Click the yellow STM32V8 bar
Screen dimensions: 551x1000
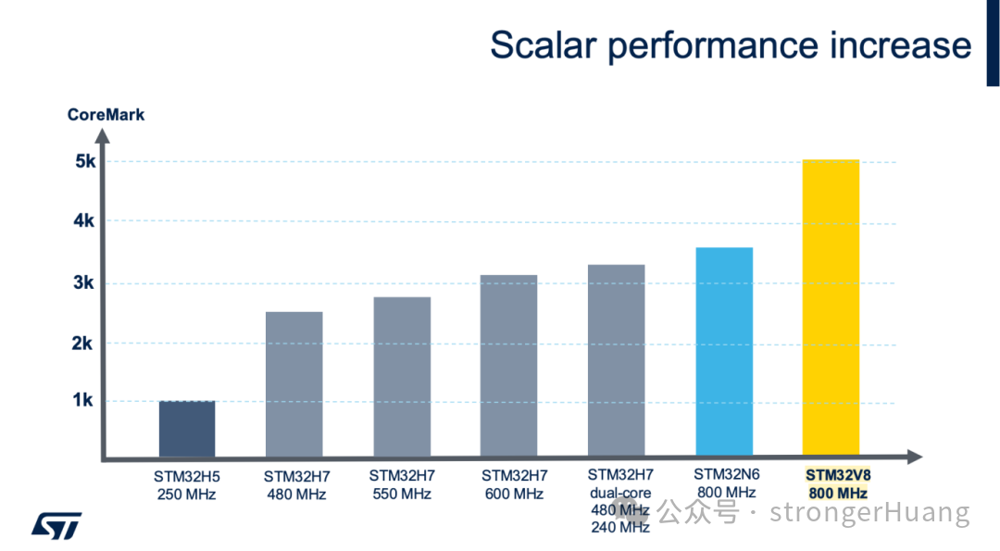coord(831,308)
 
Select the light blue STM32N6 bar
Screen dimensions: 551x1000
coord(724,352)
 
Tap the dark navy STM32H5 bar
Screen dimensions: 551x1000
coord(187,429)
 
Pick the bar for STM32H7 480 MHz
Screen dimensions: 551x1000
coord(294,384)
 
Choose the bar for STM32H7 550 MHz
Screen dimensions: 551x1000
coord(402,377)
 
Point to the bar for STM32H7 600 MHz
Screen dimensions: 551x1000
coord(509,366)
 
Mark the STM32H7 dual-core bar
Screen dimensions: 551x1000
coord(617,361)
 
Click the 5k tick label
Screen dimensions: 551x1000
coord(85,161)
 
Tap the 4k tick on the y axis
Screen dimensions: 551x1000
coord(85,220)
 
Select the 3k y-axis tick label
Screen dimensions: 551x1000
coord(85,283)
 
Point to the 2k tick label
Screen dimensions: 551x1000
coord(85,344)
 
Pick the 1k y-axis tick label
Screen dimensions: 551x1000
coord(85,401)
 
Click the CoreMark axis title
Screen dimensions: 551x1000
coord(106,116)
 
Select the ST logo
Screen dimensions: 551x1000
coord(56,524)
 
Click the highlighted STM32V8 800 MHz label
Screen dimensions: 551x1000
coord(838,484)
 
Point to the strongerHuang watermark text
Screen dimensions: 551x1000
coord(869,512)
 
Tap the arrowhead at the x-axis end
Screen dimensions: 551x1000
coord(915,457)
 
